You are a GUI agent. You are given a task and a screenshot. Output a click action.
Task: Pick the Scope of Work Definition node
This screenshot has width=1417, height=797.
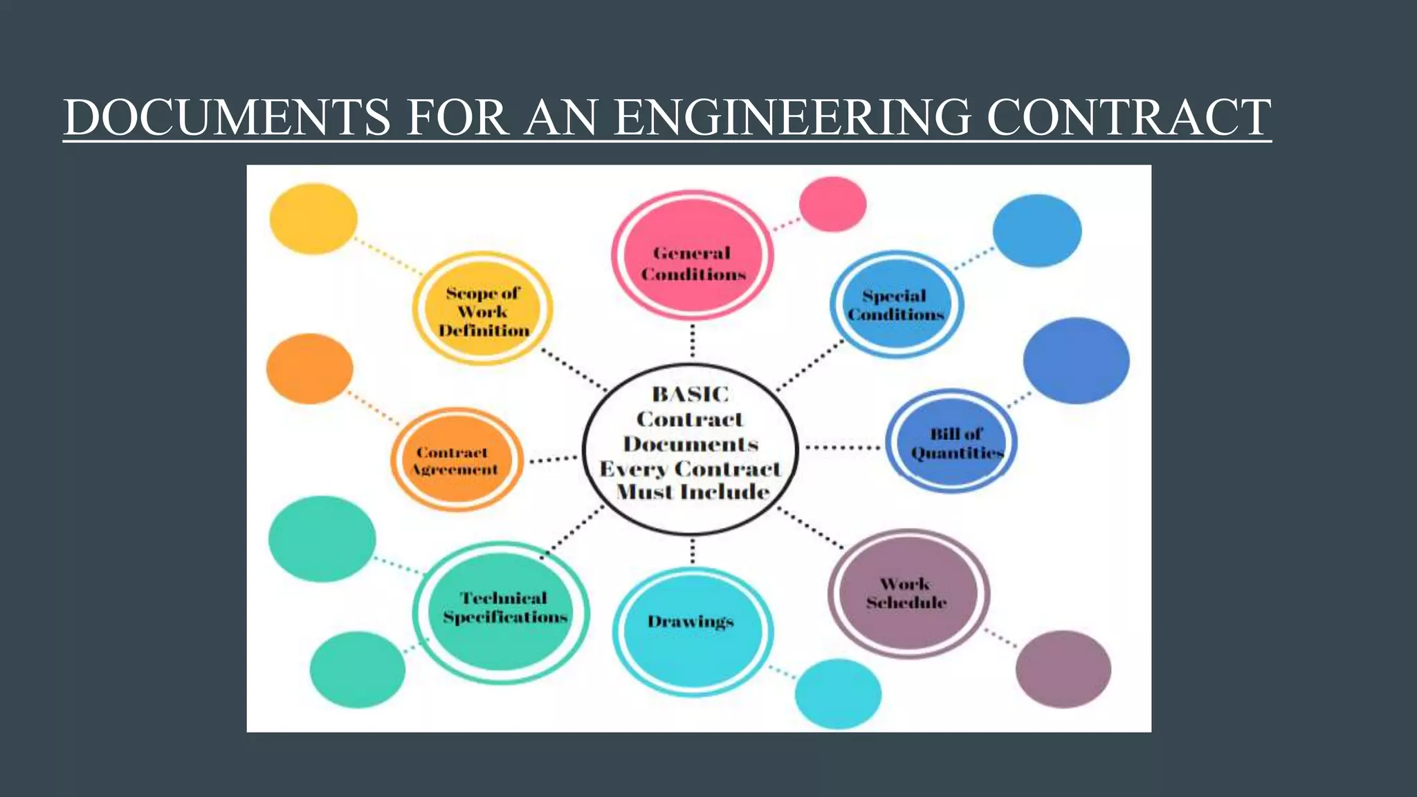(483, 309)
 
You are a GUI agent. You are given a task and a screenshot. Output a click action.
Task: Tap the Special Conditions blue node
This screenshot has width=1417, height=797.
(896, 304)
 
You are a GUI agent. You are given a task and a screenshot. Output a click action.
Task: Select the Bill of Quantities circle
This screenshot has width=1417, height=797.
(951, 441)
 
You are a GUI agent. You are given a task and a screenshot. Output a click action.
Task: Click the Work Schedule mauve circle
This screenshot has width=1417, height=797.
(908, 594)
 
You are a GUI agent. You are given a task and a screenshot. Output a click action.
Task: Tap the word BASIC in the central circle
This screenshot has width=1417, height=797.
(691, 394)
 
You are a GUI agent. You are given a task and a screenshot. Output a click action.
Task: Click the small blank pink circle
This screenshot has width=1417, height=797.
(832, 204)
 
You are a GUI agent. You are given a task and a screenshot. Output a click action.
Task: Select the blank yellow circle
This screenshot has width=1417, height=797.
(313, 219)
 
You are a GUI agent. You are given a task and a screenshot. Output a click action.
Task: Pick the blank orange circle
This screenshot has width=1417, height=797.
(310, 369)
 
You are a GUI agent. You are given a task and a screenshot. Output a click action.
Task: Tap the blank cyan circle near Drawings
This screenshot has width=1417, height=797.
(838, 693)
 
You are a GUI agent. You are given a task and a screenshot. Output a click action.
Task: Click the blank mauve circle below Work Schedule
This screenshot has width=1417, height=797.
(1063, 668)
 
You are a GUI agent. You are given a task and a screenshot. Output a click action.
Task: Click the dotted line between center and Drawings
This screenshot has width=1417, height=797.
(693, 551)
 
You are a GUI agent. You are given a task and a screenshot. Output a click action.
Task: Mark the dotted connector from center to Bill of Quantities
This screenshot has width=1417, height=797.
(842, 448)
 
